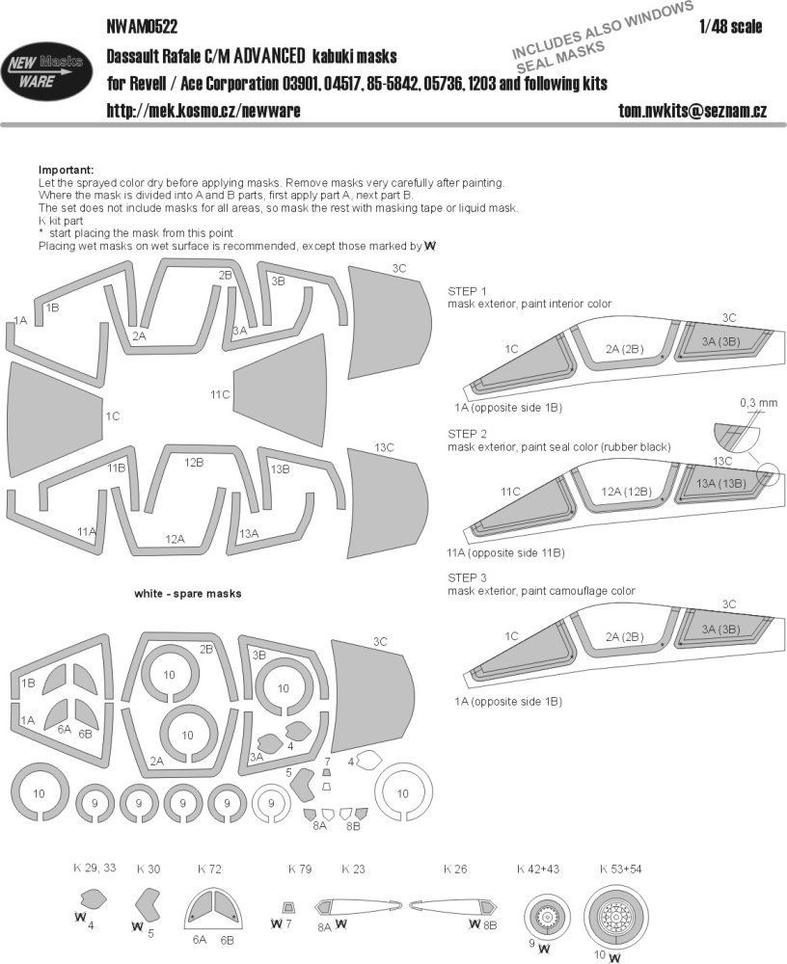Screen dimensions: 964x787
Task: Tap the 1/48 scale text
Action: [x=734, y=26]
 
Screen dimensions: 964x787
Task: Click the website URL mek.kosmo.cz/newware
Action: [x=204, y=112]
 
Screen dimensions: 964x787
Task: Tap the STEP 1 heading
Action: [x=468, y=290]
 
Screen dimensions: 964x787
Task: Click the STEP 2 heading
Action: [x=468, y=435]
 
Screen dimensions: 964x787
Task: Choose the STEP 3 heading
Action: [x=468, y=576]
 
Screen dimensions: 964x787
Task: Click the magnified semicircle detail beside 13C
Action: [x=732, y=436]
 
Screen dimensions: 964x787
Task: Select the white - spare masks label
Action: [x=188, y=594]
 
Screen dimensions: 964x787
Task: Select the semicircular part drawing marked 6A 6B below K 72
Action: [x=212, y=911]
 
